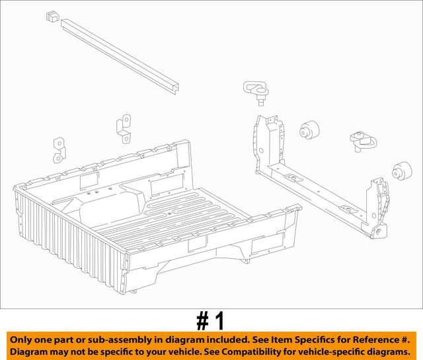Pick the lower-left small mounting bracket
coord(60,149)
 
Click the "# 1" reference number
coord(211,321)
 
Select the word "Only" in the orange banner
coord(24,339)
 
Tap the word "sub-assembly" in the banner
coord(133,339)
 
